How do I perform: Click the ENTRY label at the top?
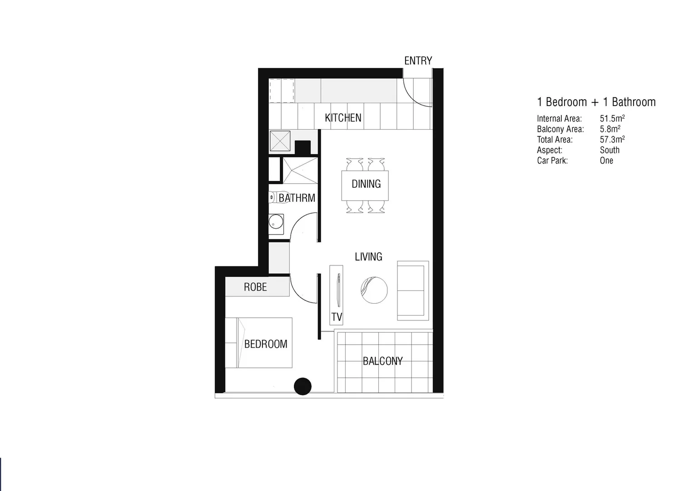tap(418, 60)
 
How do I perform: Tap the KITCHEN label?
tap(343, 118)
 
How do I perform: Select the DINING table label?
tap(366, 184)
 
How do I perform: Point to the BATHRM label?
tap(297, 198)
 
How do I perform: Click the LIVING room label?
tap(368, 257)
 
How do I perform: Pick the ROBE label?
tap(255, 287)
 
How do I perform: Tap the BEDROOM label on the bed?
tap(266, 344)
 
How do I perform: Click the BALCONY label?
tap(382, 361)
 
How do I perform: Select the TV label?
tap(337, 317)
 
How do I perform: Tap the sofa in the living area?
tap(412, 291)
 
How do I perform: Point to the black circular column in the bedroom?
tap(302, 386)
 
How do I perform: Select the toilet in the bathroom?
tap(272, 197)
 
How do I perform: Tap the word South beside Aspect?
tap(610, 150)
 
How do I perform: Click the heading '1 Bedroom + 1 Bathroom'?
tap(596, 102)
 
